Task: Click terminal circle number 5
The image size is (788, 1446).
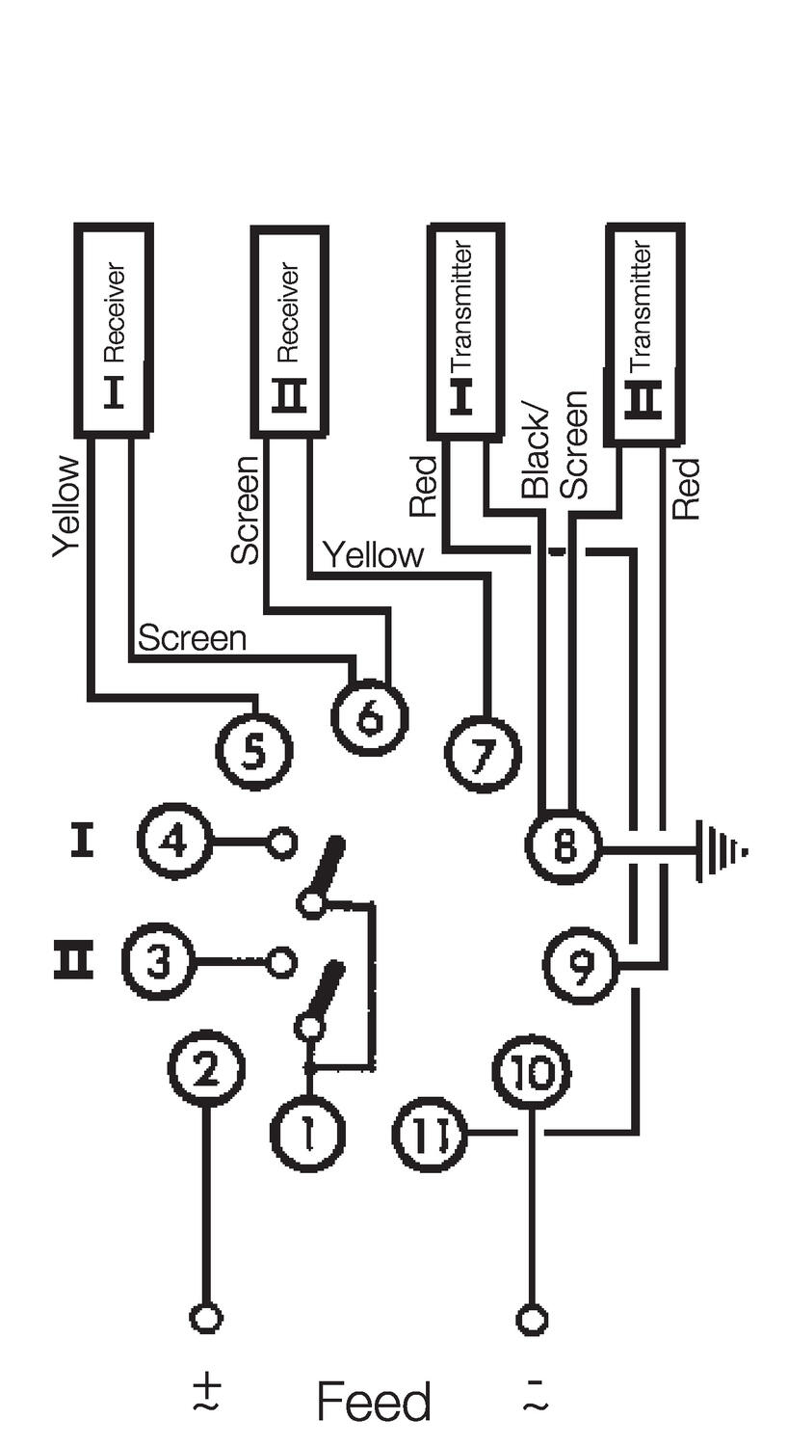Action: tap(252, 751)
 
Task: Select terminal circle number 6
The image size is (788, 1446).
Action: tap(370, 718)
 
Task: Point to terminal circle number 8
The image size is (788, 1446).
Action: tap(564, 846)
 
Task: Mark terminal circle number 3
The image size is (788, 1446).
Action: tap(159, 962)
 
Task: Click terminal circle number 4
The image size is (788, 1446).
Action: tap(174, 842)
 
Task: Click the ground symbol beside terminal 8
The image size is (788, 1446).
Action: tap(721, 849)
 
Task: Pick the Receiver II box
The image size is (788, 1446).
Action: tap(289, 331)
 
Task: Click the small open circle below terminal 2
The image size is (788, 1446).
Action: tap(206, 1318)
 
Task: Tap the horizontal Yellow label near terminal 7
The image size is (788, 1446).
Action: tap(372, 556)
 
